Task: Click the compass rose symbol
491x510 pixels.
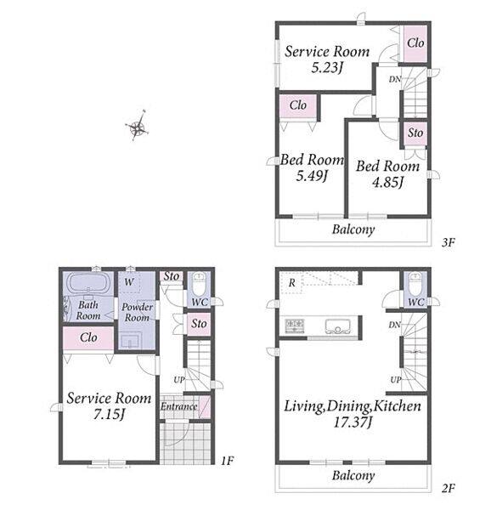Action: tap(138, 127)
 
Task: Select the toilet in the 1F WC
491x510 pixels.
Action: tap(198, 284)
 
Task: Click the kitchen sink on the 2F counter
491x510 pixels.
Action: tap(338, 326)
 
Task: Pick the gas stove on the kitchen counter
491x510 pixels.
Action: tap(295, 326)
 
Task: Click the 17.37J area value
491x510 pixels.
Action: tap(353, 422)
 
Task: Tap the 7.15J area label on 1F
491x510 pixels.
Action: tap(110, 415)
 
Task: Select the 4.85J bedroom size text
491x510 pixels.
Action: tap(387, 182)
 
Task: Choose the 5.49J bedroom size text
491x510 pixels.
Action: tap(311, 176)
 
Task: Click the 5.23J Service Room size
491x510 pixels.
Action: tap(327, 68)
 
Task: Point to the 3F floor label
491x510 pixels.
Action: tap(449, 242)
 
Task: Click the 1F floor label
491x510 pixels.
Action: tap(227, 461)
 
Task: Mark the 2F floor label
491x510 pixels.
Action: tap(449, 488)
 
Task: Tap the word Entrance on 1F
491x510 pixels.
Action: tap(179, 406)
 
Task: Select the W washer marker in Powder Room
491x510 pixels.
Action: tap(129, 281)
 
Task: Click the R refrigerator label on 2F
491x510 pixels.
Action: tap(292, 283)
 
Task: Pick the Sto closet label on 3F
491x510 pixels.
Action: tap(415, 133)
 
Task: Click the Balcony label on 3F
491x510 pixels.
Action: tap(353, 229)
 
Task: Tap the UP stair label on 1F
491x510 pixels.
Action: tap(179, 380)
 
